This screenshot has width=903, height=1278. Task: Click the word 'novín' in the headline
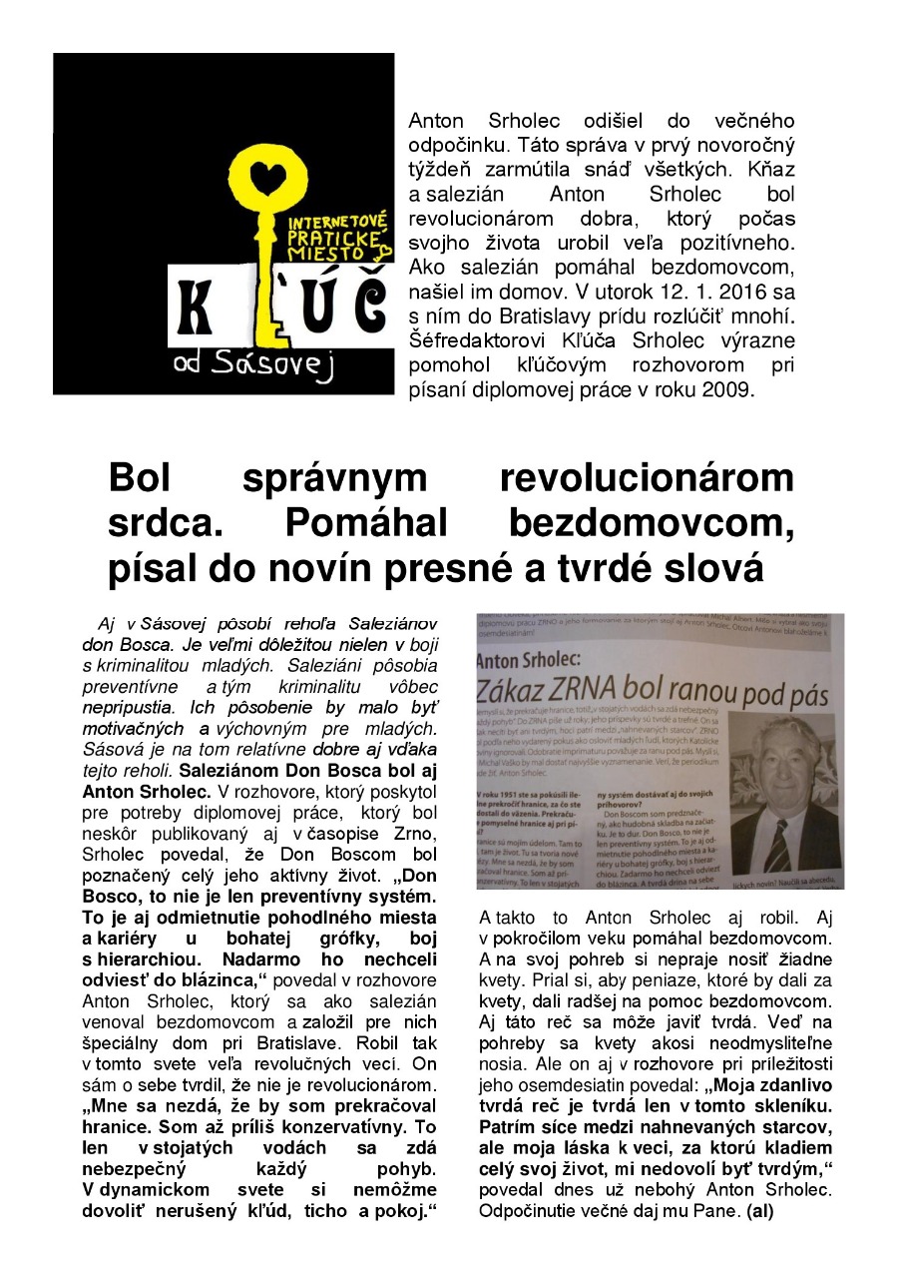click(326, 567)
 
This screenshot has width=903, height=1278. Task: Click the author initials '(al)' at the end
click(759, 1211)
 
